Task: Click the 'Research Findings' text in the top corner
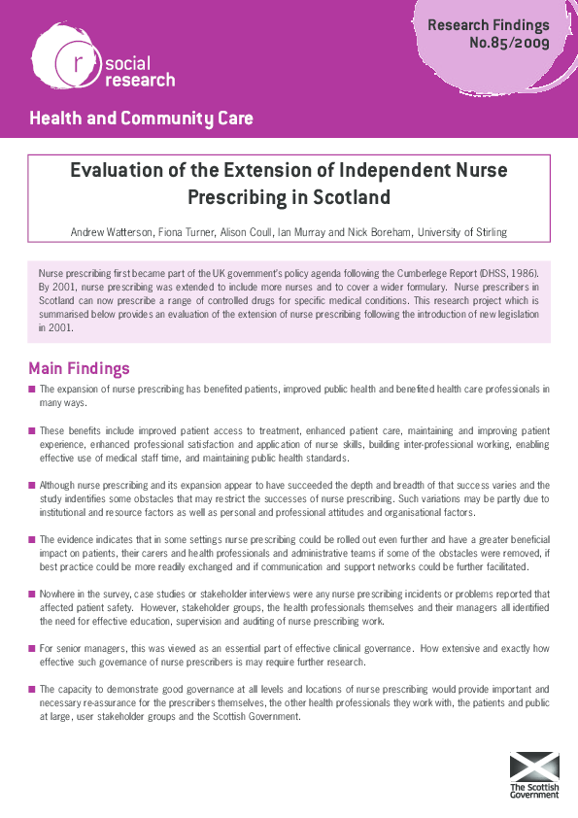[x=488, y=25]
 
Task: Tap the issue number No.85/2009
[x=509, y=43]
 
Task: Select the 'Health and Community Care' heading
[x=141, y=119]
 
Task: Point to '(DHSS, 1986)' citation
[x=501, y=275]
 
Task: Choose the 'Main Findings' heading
[x=79, y=369]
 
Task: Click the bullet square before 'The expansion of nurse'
[x=32, y=390]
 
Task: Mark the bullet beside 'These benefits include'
[x=32, y=430]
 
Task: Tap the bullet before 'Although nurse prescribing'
[x=32, y=485]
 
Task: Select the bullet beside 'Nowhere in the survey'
[x=32, y=593]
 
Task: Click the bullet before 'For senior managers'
[x=32, y=647]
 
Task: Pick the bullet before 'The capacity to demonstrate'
[x=32, y=688]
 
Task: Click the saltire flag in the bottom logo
[x=535, y=766]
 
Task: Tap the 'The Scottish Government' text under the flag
[x=535, y=790]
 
